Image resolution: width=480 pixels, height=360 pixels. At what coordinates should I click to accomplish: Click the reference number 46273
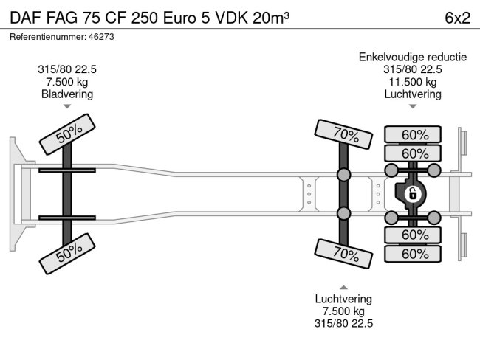click(x=96, y=35)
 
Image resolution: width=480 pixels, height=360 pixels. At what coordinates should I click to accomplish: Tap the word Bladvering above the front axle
click(x=67, y=94)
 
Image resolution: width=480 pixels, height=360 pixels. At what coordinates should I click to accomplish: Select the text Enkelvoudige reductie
click(x=412, y=58)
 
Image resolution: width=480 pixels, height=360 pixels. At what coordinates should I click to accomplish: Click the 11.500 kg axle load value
click(x=412, y=82)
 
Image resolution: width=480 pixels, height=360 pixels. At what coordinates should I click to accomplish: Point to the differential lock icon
click(x=412, y=194)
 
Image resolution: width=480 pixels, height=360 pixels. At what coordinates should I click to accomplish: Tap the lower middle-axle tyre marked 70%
click(x=344, y=253)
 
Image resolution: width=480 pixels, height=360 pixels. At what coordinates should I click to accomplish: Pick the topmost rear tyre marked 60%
click(x=415, y=135)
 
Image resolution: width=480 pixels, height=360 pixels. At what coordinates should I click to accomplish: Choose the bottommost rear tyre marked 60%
click(x=415, y=254)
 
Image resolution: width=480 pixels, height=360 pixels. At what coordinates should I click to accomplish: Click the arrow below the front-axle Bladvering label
click(x=67, y=107)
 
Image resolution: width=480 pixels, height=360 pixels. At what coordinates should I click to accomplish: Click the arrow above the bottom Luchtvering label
click(x=343, y=286)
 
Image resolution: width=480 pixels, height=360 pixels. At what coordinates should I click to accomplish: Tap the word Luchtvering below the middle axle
click(x=343, y=299)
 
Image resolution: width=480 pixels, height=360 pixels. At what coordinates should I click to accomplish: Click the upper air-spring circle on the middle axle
click(x=344, y=175)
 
